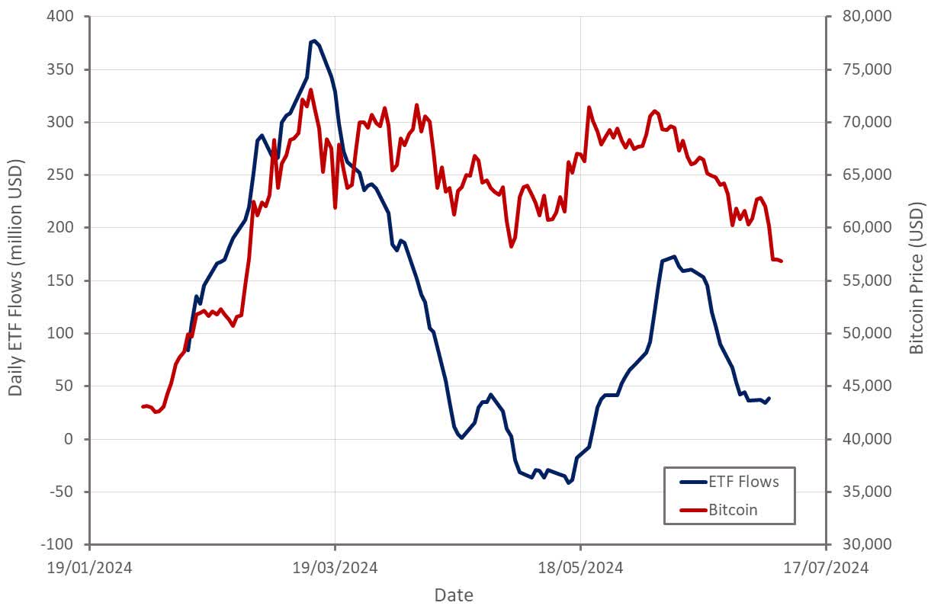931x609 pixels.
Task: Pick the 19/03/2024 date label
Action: coord(335,568)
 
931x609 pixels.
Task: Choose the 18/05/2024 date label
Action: coord(580,568)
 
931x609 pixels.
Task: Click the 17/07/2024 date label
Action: coord(826,568)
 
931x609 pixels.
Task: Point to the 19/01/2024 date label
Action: coord(90,568)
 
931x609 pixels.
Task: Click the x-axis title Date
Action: coord(454,595)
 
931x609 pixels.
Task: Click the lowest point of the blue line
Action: coord(568,483)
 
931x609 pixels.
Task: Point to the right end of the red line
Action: coord(782,261)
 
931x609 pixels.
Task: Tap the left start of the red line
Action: coord(143,407)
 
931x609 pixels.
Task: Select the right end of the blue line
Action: coord(769,398)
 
